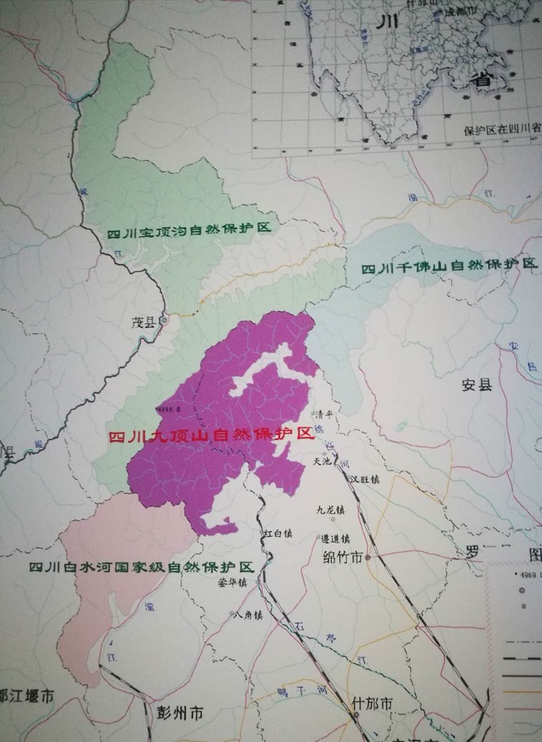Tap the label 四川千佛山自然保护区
pyautogui.click(x=449, y=266)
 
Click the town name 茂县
pyautogui.click(x=143, y=322)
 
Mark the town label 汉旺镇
pyautogui.click(x=364, y=479)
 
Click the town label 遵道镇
pyautogui.click(x=333, y=539)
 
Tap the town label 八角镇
pyautogui.click(x=248, y=615)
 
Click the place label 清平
pyautogui.click(x=323, y=414)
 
